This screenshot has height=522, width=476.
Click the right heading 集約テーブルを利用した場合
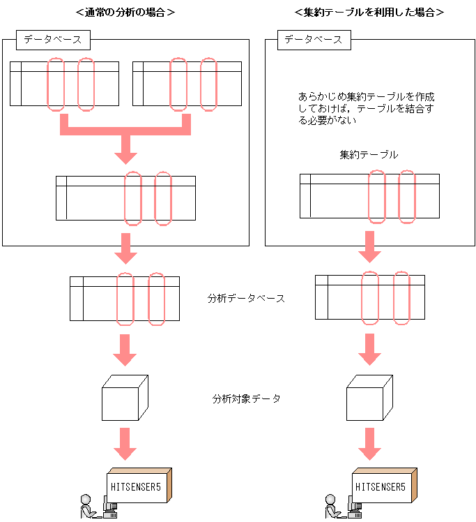369,13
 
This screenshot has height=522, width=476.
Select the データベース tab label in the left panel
53,40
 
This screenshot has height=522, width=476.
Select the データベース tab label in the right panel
314,40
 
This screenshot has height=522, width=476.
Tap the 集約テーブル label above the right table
369,155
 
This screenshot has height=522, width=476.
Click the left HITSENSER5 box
139,484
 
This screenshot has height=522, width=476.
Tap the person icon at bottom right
330,506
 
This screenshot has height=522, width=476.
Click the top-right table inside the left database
186,84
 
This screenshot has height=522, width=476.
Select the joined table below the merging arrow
125,198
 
